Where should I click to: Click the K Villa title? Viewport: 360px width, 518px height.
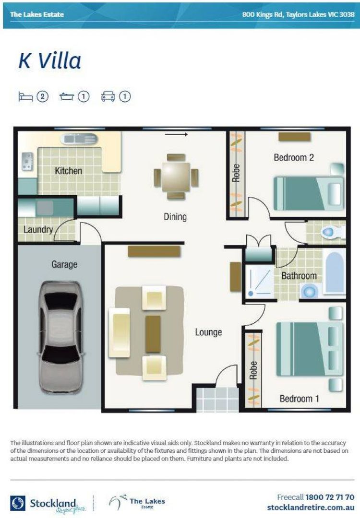coord(50,61)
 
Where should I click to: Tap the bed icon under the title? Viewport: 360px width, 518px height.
coord(25,97)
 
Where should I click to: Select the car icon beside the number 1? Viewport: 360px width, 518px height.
coord(108,97)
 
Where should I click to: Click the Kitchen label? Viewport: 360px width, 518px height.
coord(68,171)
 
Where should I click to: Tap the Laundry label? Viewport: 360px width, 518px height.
coord(38,230)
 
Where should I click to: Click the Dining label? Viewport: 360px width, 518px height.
coord(175,217)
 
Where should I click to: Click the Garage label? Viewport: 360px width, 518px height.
coord(64,264)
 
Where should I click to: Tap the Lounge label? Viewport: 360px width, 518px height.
coord(208,332)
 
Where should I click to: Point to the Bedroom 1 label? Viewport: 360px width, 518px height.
coord(299,399)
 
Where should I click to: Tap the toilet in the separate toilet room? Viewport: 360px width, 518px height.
coord(331,233)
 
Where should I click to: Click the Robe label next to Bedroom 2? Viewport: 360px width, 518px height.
coord(236,174)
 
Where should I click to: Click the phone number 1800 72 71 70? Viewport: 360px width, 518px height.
coord(330,497)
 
